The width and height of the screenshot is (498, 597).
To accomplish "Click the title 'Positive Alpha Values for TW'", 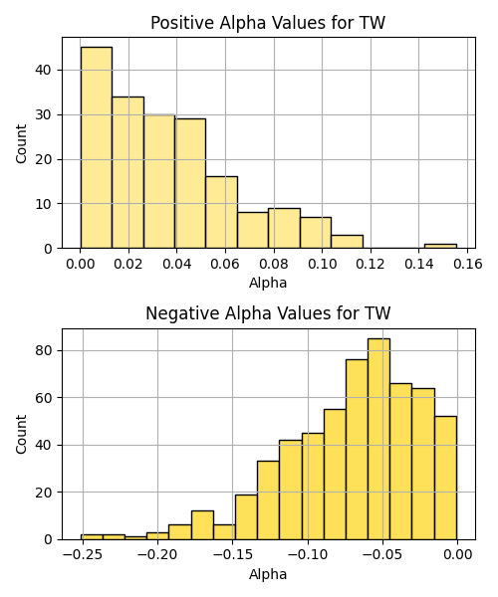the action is tap(268, 23).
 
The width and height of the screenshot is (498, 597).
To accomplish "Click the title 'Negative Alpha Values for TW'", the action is tap(268, 313).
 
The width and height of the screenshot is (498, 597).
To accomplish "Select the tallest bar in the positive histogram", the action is tap(97, 147).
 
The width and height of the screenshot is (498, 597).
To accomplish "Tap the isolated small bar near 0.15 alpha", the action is tap(440, 246).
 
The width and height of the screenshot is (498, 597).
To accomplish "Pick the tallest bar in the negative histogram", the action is tap(378, 439).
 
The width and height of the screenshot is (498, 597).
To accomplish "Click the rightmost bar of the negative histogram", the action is tap(446, 478).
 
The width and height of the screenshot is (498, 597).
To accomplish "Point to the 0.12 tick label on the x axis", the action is tap(370, 264).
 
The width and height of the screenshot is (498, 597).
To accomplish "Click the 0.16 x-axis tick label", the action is tap(467, 264).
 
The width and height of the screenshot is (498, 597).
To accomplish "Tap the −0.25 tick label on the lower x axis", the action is tap(83, 555).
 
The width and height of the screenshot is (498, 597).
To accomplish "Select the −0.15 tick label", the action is tap(233, 555).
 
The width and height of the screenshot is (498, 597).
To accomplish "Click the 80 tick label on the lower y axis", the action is tap(44, 350).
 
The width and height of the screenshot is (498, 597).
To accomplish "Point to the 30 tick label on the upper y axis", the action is tap(44, 114).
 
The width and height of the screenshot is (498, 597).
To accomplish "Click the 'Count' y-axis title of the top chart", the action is tap(21, 143).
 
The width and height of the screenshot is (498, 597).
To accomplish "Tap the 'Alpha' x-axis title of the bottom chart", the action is tap(268, 574).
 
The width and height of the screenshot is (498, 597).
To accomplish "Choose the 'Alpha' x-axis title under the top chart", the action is tap(268, 283).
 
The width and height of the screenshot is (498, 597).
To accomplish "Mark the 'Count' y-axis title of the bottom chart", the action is tap(21, 434).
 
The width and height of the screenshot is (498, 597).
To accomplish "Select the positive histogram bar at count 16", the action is tap(222, 213).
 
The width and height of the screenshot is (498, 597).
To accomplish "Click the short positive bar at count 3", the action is tap(348, 242).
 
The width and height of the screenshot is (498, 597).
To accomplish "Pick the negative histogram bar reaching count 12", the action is tap(202, 525).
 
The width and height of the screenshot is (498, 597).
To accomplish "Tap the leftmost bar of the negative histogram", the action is tap(92, 537).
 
